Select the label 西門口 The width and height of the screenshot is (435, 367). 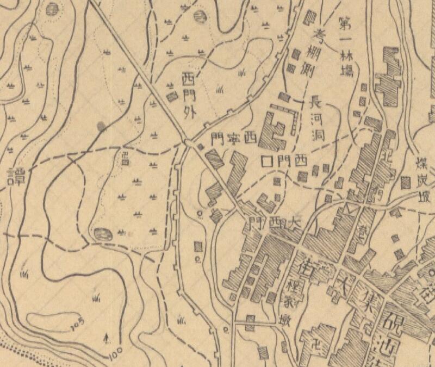click(284, 161)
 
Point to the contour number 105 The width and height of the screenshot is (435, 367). click(77, 322)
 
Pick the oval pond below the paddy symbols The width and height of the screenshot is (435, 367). click(102, 234)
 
